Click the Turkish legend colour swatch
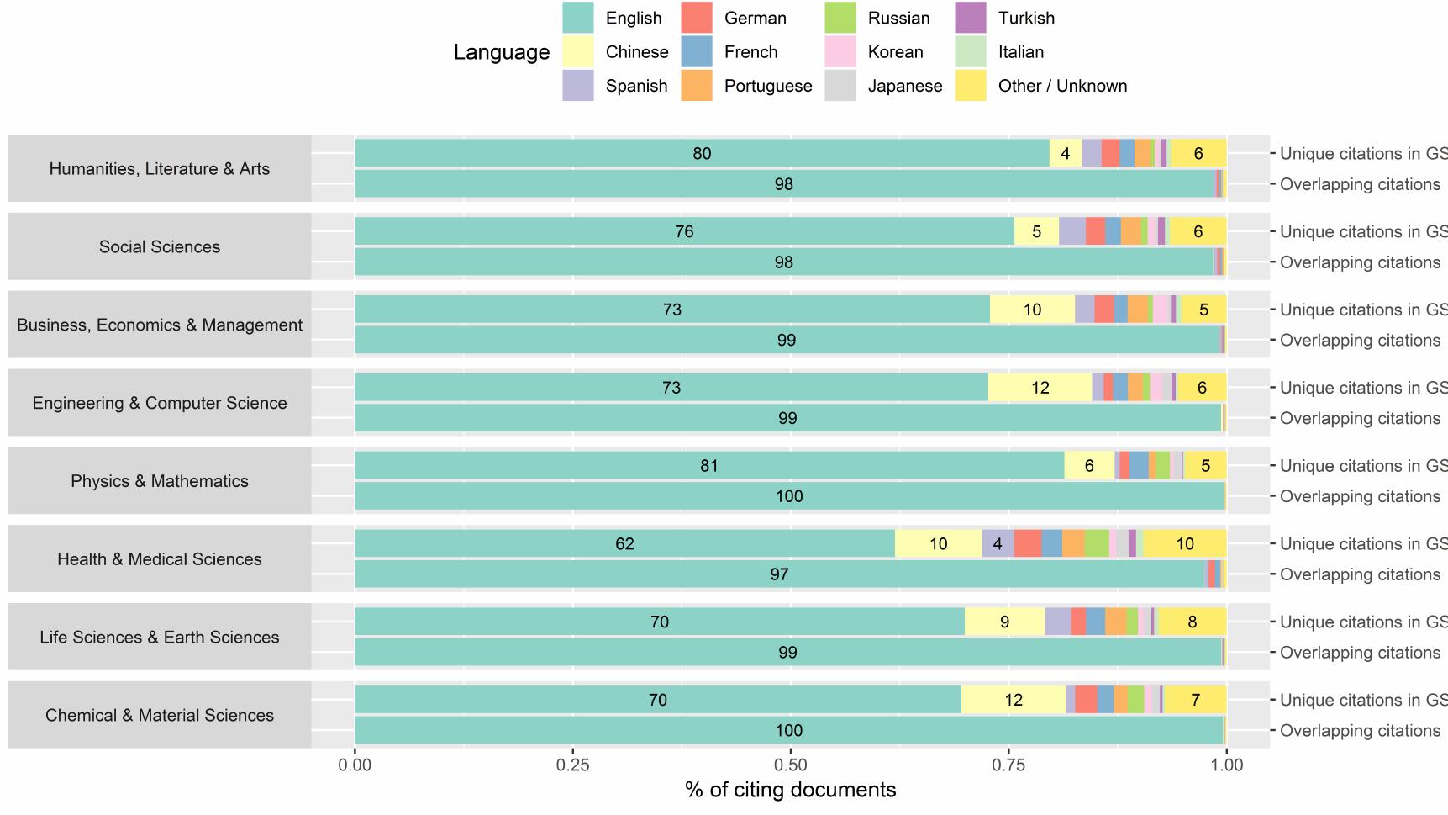971,18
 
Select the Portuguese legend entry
767,86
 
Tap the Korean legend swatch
840,52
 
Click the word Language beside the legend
501,52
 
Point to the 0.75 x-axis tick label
1008,765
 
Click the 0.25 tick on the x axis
573,765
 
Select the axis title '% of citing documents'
790,790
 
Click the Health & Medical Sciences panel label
160,559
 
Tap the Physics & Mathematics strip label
160,481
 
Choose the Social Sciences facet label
160,246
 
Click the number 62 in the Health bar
624,544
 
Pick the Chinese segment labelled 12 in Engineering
1040,388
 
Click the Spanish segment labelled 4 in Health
998,544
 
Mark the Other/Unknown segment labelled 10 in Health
1184,544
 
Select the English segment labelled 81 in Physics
708,466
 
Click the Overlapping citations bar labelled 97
779,574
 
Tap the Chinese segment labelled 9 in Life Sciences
1004,622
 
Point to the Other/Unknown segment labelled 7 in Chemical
1195,700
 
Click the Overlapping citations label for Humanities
1359,184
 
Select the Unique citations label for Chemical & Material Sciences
1361,700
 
